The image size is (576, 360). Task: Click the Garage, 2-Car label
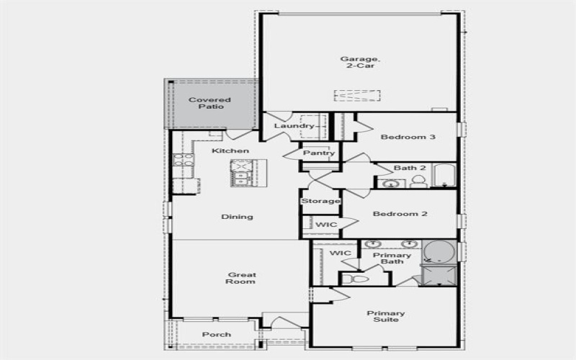[x=358, y=62]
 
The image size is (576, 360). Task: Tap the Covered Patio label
[x=210, y=103]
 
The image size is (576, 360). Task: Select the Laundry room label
[x=294, y=127]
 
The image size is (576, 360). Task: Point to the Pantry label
[x=318, y=153]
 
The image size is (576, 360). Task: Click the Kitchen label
[x=230, y=150]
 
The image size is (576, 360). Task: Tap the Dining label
[x=237, y=217]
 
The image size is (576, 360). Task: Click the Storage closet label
[x=320, y=201]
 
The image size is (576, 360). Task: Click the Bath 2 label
[x=410, y=168]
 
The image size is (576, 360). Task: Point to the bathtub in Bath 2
[x=445, y=176]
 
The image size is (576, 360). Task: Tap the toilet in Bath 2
[x=418, y=182]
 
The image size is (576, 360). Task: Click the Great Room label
[x=242, y=278]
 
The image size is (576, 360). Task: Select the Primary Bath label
[x=392, y=258]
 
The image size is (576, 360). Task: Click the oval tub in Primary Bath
[x=438, y=251]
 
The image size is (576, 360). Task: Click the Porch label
[x=217, y=335]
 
